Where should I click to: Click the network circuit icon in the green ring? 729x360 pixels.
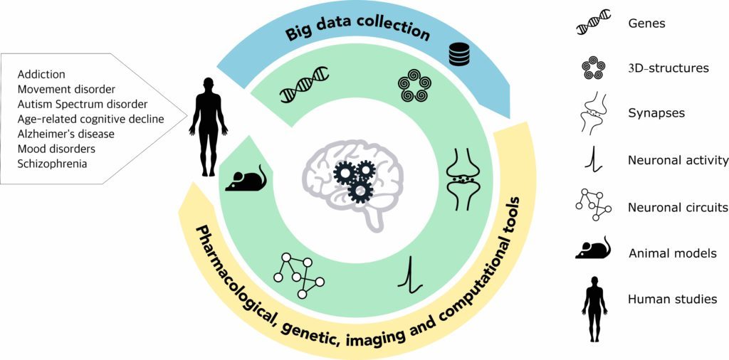click(x=300, y=275)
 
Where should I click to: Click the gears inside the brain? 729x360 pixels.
click(x=355, y=180)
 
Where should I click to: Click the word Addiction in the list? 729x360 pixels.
click(x=42, y=74)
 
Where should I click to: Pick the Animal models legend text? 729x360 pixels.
click(x=672, y=253)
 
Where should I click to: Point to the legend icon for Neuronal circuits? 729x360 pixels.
click(x=593, y=207)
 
